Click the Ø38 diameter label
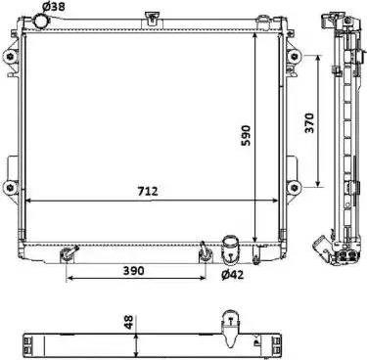point(54,6)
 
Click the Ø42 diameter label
point(232,275)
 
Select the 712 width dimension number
point(148,191)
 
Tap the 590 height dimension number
point(246,135)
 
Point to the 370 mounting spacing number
point(309,123)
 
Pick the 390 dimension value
point(134,270)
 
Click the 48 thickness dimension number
point(129,322)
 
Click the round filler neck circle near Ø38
point(41,22)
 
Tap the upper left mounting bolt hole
point(12,57)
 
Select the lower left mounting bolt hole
point(12,188)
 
